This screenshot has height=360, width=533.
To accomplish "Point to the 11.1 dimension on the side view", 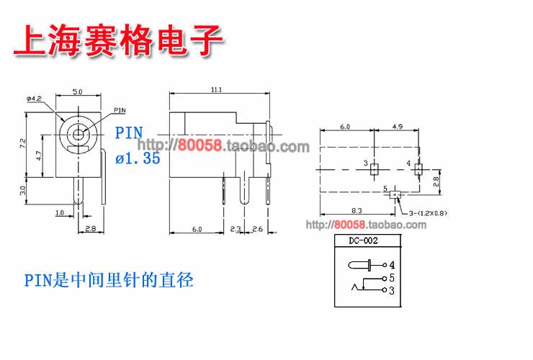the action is (x=216, y=89).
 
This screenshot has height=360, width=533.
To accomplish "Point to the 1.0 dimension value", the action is (x=60, y=212).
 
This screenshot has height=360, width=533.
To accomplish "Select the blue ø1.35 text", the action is (x=138, y=159).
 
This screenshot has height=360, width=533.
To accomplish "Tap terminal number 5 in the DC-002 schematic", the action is (x=391, y=277).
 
